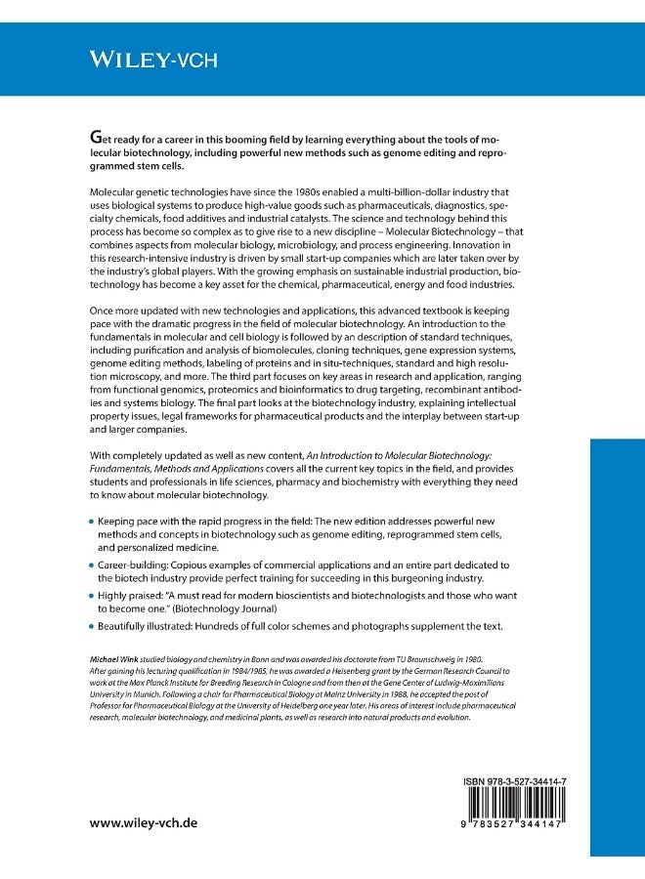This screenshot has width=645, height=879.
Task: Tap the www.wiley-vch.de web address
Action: [144, 822]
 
